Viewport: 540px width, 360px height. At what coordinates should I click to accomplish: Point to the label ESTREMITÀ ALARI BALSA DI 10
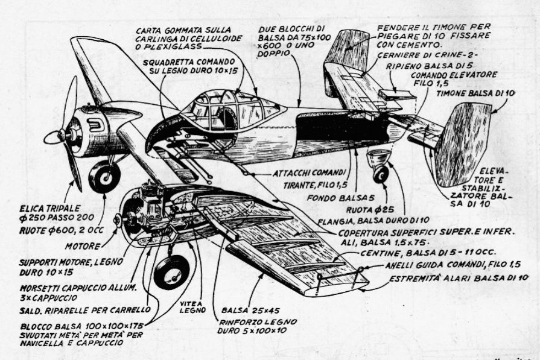pyautogui.click(x=458, y=278)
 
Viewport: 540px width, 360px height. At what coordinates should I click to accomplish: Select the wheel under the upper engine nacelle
pyautogui.click(x=105, y=176)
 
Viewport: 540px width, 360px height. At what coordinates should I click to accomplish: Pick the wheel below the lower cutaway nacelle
pyautogui.click(x=171, y=271)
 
